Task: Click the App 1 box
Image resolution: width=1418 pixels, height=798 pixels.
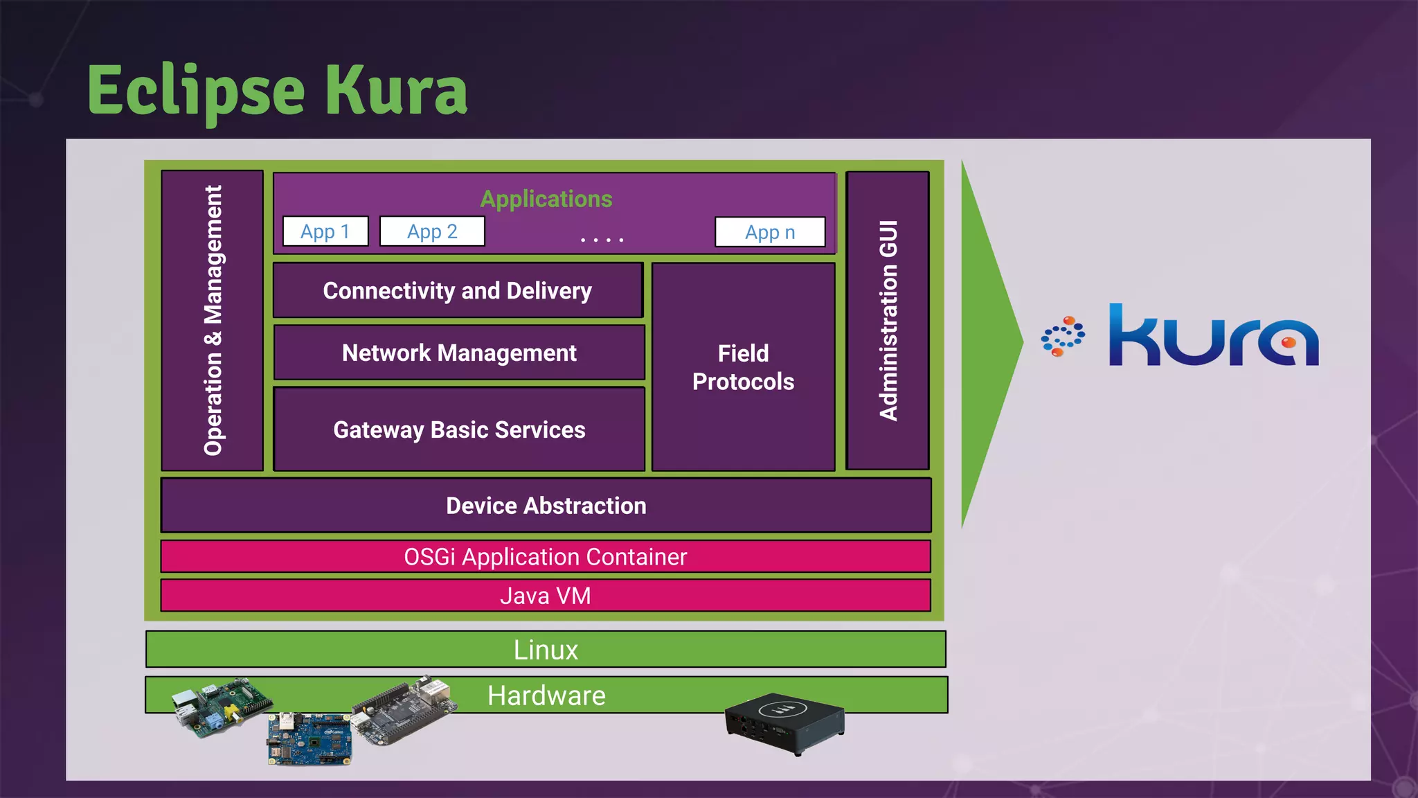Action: point(325,231)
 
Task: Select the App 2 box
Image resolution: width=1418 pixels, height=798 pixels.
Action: point(432,231)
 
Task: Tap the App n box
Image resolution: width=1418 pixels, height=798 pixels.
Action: point(770,232)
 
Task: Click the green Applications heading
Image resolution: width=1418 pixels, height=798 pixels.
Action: point(546,199)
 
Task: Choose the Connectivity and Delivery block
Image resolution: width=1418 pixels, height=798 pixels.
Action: point(458,290)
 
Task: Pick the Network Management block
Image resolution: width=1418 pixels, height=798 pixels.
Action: point(459,353)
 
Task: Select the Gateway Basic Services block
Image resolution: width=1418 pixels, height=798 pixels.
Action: point(459,429)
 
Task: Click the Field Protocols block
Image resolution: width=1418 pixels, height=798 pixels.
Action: point(743,367)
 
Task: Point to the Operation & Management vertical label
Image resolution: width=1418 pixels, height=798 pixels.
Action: point(213,320)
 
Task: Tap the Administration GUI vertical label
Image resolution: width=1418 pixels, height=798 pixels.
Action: point(888,320)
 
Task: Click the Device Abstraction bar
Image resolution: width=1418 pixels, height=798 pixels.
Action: point(546,506)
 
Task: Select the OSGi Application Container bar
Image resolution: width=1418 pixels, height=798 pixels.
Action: point(546,557)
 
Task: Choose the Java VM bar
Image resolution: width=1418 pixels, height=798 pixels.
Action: point(546,596)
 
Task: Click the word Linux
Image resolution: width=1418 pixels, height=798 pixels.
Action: point(546,650)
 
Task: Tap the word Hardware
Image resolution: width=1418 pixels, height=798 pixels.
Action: point(546,695)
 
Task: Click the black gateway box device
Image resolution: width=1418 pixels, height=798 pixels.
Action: point(784,722)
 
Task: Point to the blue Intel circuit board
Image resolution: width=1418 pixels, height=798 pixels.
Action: point(309,739)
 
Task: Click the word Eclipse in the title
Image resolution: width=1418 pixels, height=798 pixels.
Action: point(196,91)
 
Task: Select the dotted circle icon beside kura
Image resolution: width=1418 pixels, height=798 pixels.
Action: point(1063,337)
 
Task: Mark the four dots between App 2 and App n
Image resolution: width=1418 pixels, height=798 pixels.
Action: point(602,240)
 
